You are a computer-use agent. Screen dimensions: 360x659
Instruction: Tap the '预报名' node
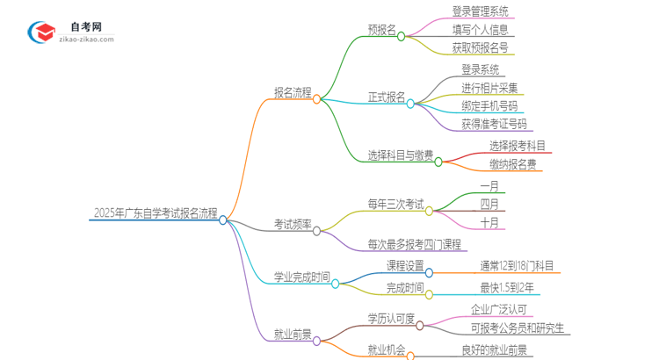381,28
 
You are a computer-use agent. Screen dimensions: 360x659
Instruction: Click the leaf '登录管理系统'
479,12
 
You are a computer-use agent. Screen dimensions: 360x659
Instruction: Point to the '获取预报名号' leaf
479,47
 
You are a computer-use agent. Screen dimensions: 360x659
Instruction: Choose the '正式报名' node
387,97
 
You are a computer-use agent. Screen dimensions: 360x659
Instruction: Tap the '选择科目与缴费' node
401,155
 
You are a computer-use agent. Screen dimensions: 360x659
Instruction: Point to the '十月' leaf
489,222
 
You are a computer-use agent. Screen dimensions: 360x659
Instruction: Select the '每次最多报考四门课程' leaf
414,244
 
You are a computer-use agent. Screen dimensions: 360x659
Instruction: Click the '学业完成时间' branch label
301,277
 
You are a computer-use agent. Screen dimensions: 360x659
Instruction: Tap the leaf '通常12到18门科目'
517,266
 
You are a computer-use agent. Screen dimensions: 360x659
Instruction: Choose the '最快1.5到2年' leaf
506,288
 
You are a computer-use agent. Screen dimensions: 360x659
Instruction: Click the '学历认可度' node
390,318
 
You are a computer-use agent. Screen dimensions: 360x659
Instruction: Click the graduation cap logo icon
41,32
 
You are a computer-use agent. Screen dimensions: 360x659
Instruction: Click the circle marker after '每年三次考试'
430,211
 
